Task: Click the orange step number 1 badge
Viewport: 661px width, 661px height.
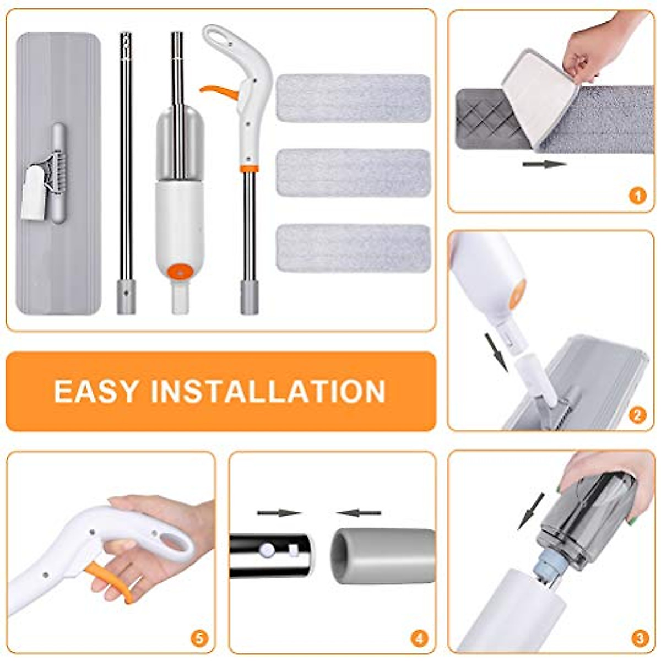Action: tap(637, 196)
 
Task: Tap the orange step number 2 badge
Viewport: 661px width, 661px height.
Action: tap(637, 414)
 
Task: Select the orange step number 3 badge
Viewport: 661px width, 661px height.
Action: tap(639, 638)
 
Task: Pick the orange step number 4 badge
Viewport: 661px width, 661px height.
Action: tap(419, 638)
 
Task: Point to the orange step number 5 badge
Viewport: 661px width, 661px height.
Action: tap(199, 638)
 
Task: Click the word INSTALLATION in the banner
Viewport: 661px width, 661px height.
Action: tap(268, 391)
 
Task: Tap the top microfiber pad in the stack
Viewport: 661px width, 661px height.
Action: tap(353, 98)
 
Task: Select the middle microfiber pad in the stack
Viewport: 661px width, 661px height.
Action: tap(353, 173)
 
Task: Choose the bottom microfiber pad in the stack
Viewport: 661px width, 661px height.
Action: tap(353, 248)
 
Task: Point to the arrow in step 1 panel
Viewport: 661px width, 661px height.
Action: tap(544, 164)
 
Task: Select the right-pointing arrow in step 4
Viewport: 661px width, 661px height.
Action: tap(279, 513)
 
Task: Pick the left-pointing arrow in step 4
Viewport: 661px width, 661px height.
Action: tap(359, 513)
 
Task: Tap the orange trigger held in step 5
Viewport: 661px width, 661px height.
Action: tap(113, 579)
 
